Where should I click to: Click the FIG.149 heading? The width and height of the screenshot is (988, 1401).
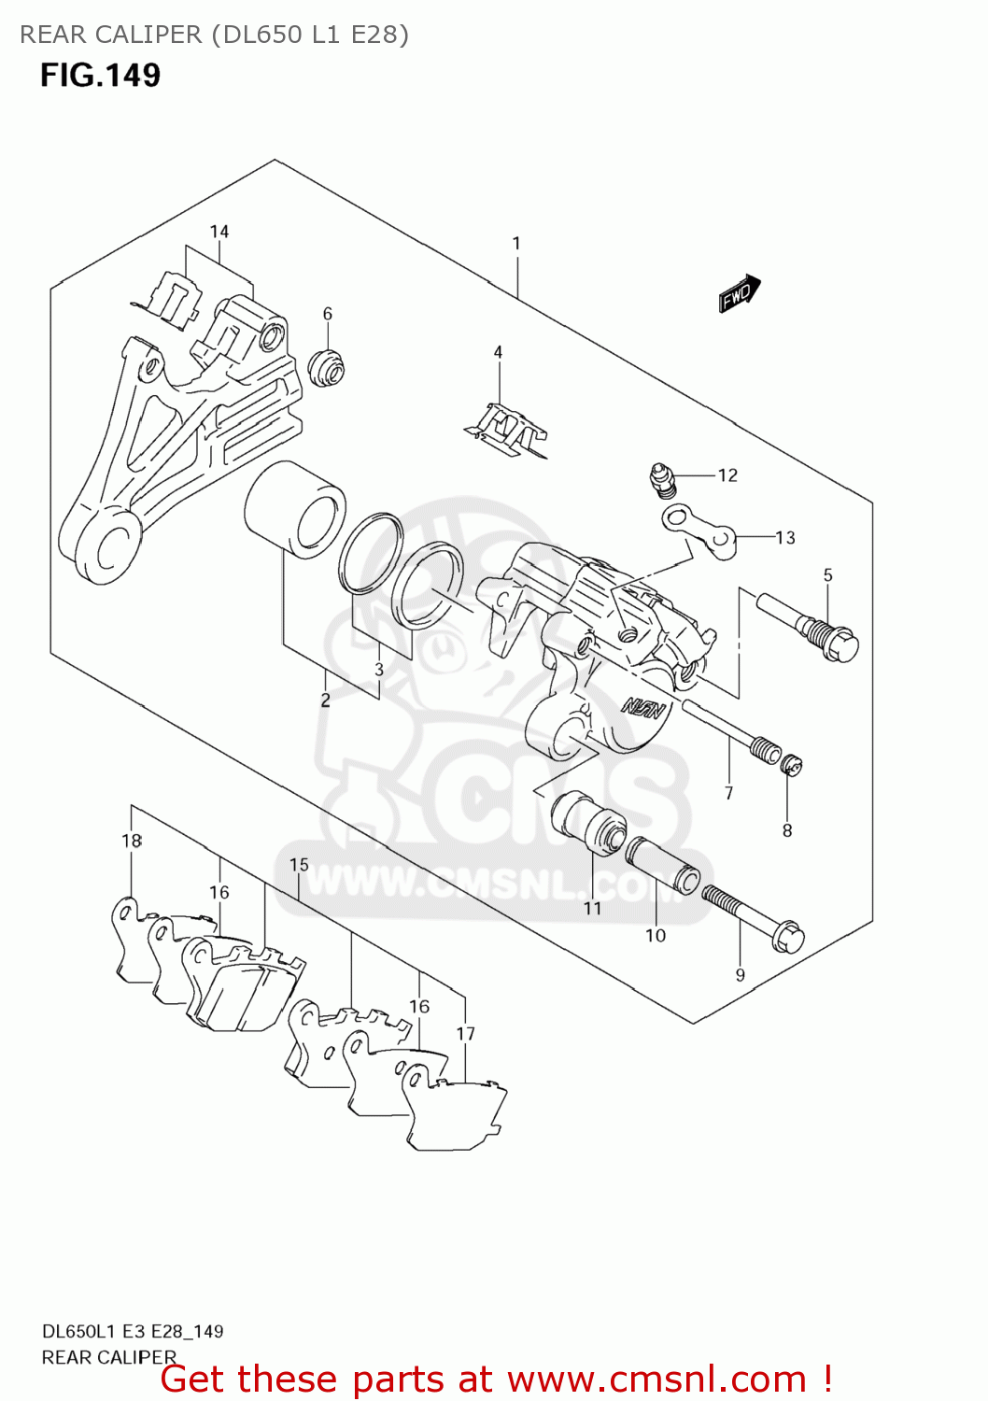coord(100,75)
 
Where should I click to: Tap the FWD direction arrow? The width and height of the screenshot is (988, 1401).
coord(740,293)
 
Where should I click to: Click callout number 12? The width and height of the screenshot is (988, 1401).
coord(727,475)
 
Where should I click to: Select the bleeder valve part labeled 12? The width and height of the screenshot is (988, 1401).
coord(660,478)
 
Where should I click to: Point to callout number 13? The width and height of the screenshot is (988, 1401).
coord(785,537)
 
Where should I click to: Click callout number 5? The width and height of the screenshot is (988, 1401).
coord(827,575)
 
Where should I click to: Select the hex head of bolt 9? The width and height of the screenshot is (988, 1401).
coord(788,935)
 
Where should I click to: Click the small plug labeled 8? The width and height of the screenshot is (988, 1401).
coord(790,766)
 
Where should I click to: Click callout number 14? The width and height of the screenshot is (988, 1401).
coord(219,232)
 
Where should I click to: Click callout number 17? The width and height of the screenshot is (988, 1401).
coord(466,1033)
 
